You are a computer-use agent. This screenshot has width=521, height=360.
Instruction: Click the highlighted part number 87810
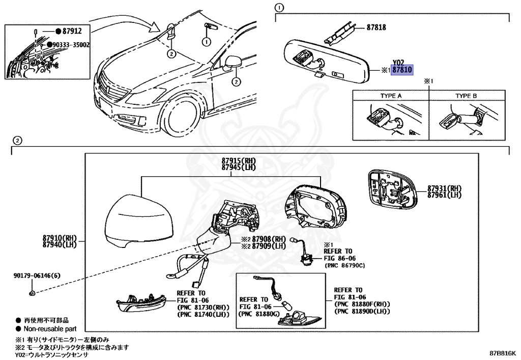401,71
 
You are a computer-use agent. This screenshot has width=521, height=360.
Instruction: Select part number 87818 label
376,28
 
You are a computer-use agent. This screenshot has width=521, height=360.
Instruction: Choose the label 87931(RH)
444,188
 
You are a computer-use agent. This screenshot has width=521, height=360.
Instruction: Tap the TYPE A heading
391,96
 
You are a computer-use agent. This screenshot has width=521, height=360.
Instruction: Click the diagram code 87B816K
503,352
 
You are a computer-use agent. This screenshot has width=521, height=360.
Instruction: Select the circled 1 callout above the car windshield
207,41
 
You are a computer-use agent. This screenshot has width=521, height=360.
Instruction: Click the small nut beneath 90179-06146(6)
32,293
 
